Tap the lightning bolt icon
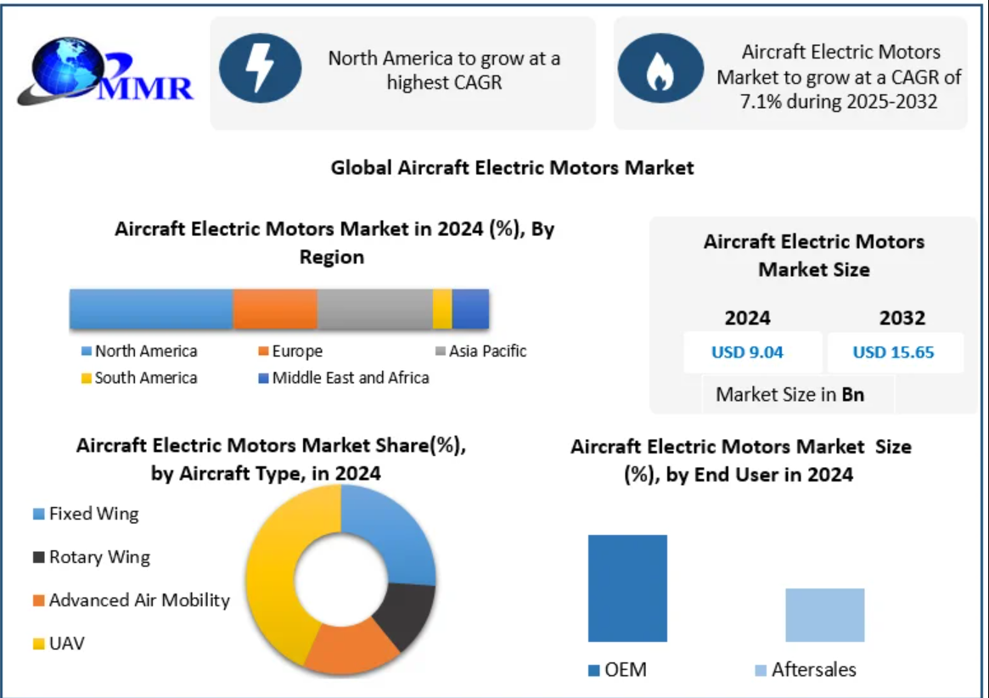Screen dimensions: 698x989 tap(260, 68)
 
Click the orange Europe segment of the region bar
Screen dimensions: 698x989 tap(275, 308)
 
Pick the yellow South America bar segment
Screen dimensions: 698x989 tap(441, 308)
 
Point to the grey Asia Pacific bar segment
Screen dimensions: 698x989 tap(374, 308)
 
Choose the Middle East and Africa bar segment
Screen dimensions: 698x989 tap(470, 308)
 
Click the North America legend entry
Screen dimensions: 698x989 tap(140, 352)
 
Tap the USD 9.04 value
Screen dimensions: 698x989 tap(747, 352)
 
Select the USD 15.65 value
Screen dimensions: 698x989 tap(893, 352)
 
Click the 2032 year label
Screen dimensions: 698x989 tap(902, 318)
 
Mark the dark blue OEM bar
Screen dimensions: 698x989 tap(627, 588)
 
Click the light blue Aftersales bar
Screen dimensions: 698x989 tap(824, 615)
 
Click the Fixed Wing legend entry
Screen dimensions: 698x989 tap(86, 514)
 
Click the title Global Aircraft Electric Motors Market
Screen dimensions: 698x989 tap(512, 167)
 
